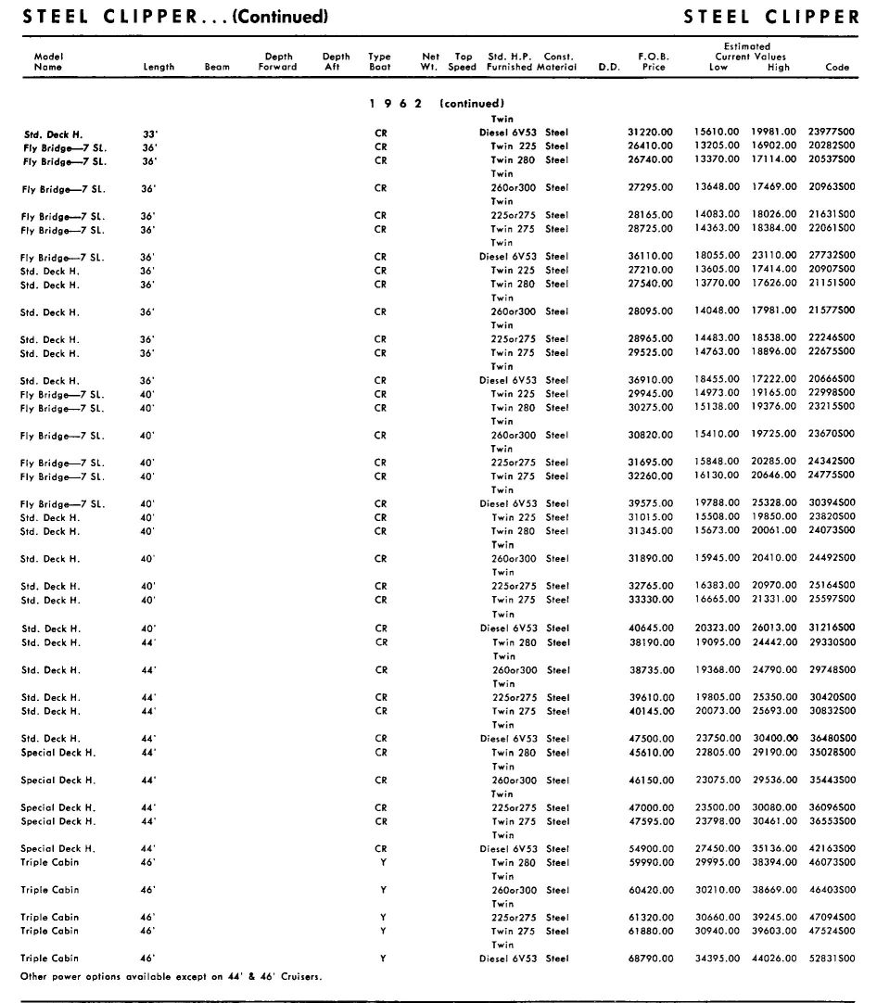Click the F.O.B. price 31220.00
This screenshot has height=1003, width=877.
click(x=648, y=133)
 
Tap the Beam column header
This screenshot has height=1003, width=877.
click(x=217, y=67)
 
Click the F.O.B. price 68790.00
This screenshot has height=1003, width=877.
click(x=648, y=959)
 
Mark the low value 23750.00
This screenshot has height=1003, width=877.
click(x=717, y=739)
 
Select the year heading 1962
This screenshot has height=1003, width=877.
click(x=395, y=104)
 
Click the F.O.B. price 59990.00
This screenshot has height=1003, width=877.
click(x=648, y=863)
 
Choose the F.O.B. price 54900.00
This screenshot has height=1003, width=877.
click(x=648, y=849)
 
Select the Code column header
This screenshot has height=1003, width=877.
click(x=837, y=67)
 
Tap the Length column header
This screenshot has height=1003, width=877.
click(x=159, y=67)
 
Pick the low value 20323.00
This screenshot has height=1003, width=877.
click(x=717, y=628)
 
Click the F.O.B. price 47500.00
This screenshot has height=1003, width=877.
click(x=648, y=739)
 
